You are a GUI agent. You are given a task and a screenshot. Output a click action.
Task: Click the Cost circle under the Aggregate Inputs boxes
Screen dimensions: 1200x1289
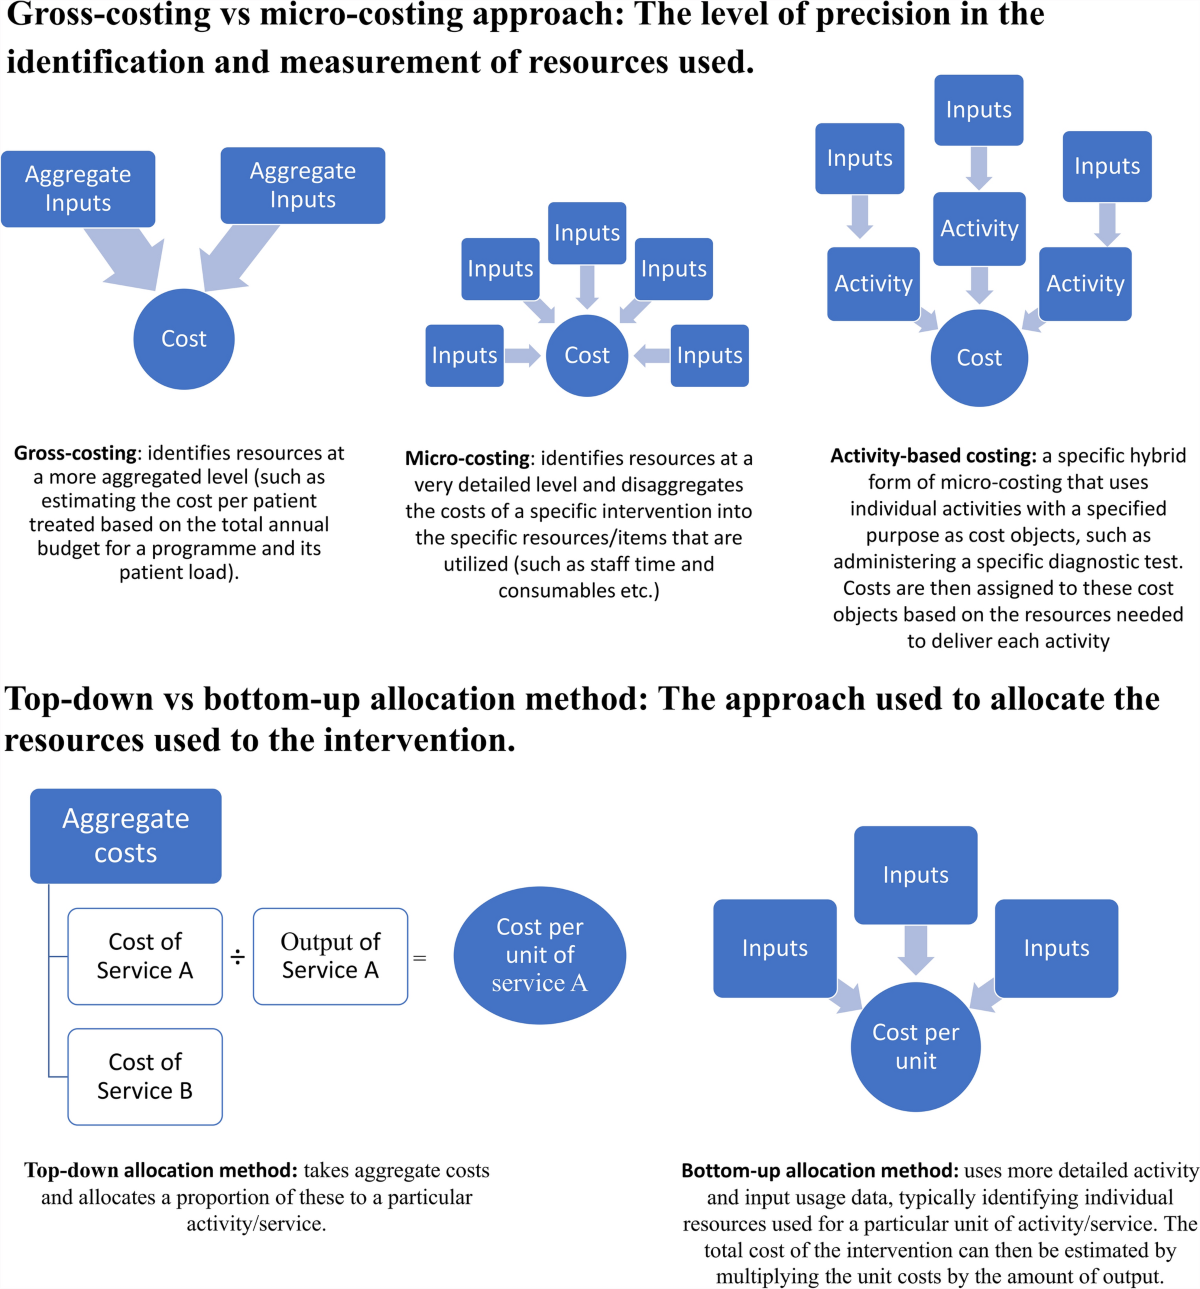[x=184, y=339]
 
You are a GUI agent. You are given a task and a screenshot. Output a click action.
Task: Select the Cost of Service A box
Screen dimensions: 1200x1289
[x=145, y=956]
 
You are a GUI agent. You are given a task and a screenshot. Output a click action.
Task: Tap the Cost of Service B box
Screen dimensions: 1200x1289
[x=145, y=1076]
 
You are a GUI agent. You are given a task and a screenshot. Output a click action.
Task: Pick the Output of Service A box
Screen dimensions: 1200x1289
[x=331, y=956]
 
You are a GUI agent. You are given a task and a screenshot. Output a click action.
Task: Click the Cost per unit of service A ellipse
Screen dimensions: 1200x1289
[x=540, y=955]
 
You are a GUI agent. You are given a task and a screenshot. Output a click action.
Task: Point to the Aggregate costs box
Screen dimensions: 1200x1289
[x=126, y=836]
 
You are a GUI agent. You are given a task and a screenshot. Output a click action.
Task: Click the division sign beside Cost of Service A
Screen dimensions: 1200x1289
[x=238, y=957]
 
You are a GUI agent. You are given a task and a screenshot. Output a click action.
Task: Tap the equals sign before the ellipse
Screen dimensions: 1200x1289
[x=419, y=958]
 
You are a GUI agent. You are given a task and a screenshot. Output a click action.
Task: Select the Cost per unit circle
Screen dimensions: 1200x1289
[x=916, y=1046]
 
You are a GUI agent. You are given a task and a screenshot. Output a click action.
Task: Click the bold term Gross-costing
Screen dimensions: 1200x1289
[x=75, y=453]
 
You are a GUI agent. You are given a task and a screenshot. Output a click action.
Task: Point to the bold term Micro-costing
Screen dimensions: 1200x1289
[x=468, y=458]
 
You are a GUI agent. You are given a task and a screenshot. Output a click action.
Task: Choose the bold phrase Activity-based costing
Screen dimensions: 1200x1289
[x=933, y=456]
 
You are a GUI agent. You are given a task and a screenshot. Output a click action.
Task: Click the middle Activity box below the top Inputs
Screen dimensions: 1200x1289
[x=979, y=228]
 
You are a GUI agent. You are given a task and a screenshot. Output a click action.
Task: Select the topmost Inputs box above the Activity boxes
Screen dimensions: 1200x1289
[x=979, y=110]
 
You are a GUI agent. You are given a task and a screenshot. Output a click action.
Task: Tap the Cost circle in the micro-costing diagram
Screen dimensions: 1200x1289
[x=587, y=356]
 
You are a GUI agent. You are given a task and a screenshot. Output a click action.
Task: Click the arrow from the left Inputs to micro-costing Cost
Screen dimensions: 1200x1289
[x=523, y=356]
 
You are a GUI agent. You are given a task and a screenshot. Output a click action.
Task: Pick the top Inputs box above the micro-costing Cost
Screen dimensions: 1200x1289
[x=587, y=233]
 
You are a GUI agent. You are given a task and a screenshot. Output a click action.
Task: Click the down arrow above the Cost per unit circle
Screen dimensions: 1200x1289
[x=916, y=950]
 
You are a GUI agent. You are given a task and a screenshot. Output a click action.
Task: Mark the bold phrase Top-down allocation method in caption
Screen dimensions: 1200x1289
[x=161, y=1170]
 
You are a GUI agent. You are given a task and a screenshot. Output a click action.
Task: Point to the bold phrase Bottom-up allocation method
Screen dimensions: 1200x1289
[x=820, y=1170]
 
